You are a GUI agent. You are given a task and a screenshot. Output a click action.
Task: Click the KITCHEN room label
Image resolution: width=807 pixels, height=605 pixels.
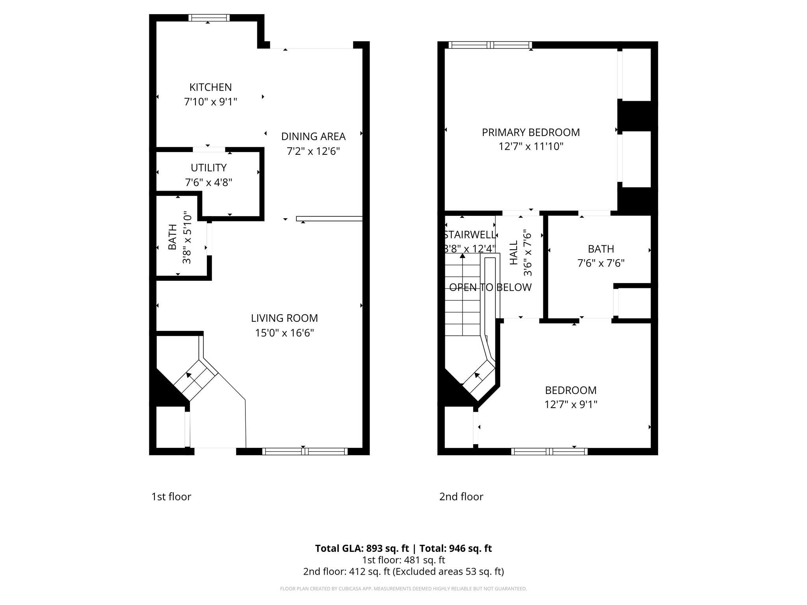tap(210, 87)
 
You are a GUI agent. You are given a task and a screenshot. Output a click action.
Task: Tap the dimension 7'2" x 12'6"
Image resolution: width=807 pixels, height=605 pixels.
tap(313, 151)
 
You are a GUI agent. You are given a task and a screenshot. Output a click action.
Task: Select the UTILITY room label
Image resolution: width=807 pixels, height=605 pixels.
tap(208, 168)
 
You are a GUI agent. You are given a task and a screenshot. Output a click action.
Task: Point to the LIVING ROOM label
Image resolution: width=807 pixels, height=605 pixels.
tap(284, 318)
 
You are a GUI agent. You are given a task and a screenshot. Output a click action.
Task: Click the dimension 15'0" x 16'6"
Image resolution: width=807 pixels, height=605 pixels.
tap(284, 333)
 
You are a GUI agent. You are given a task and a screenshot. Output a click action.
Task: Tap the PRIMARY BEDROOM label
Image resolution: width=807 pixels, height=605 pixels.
tap(531, 132)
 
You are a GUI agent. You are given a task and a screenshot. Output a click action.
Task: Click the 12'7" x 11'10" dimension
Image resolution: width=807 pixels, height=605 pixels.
tap(531, 147)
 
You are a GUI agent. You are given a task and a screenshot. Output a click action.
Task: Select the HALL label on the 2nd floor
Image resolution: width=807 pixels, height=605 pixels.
tap(514, 253)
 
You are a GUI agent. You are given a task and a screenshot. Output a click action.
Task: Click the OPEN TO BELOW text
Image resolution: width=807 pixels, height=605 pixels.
tap(490, 288)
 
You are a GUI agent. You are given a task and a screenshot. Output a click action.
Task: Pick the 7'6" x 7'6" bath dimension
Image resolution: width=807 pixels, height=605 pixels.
tap(601, 263)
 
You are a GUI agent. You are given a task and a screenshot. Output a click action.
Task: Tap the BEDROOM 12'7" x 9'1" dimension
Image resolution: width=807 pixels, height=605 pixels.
tap(571, 405)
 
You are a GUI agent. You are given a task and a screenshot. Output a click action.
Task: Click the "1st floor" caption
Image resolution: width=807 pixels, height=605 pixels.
tap(171, 497)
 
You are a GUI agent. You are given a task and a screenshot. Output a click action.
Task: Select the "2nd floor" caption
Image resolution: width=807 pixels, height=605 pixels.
tap(461, 497)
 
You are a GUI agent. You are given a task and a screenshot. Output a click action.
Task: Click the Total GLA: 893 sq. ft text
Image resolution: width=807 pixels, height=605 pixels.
tap(362, 548)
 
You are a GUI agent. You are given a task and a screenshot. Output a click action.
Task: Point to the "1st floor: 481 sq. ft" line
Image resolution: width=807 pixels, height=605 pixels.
tap(403, 560)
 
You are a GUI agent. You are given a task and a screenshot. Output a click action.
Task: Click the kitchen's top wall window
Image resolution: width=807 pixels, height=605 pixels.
tap(209, 18)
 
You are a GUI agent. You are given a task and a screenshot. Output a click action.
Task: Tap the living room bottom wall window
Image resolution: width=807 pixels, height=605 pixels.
tap(305, 451)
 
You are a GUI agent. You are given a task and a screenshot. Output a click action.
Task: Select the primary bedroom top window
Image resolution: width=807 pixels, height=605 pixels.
tap(490, 45)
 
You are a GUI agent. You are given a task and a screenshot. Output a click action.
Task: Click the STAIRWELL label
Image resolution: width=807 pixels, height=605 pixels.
tap(469, 235)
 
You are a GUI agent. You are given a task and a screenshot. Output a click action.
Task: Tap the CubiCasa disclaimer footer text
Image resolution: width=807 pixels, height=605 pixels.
tap(403, 588)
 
